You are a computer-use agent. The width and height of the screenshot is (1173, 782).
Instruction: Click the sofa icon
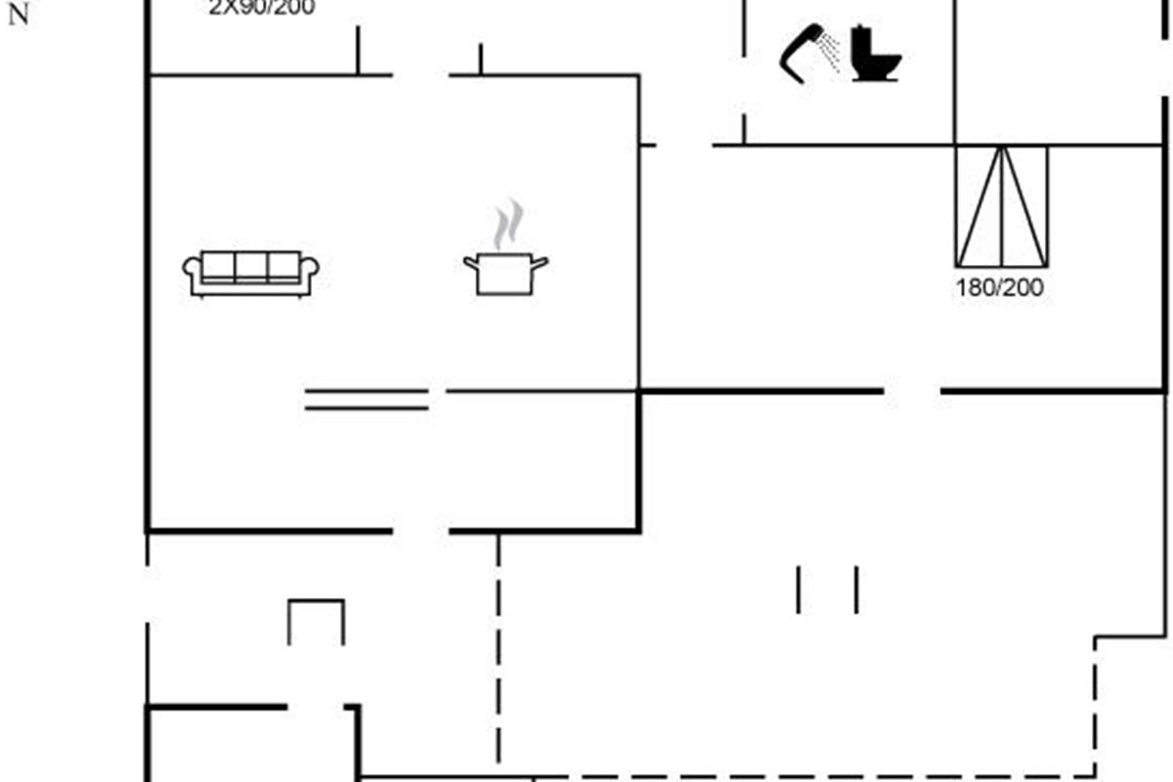click(x=251, y=273)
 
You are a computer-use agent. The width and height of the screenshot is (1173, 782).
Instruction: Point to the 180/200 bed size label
click(x=1000, y=288)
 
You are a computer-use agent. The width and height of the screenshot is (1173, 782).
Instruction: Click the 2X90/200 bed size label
click(x=262, y=8)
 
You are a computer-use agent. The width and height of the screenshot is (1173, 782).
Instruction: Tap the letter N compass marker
click(x=18, y=17)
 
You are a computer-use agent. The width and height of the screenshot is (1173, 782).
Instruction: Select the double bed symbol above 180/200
click(x=1001, y=206)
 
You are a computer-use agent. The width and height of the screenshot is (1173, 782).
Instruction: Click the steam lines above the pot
click(x=507, y=224)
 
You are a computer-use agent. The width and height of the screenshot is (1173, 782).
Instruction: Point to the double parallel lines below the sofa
click(x=367, y=399)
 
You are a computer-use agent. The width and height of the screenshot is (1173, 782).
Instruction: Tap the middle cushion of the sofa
click(x=251, y=266)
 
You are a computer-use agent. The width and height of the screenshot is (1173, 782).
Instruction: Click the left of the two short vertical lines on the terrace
click(x=799, y=589)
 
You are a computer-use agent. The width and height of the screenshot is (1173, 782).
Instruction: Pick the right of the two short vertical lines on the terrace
click(x=857, y=589)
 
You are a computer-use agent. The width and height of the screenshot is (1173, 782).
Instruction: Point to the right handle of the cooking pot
click(x=540, y=261)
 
